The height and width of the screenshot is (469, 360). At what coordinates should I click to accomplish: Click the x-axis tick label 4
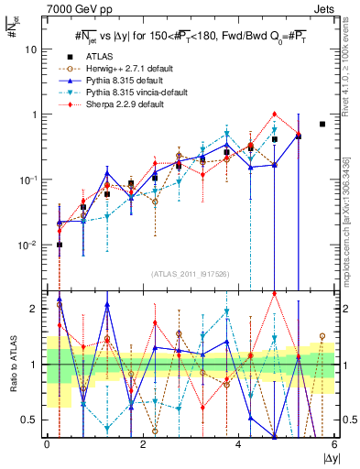click(238, 445)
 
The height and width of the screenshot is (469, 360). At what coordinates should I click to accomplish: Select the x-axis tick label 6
click(334, 445)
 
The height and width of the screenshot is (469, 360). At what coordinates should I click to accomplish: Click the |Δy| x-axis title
click(329, 459)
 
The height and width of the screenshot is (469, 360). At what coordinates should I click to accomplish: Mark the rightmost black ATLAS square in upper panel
click(322, 124)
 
